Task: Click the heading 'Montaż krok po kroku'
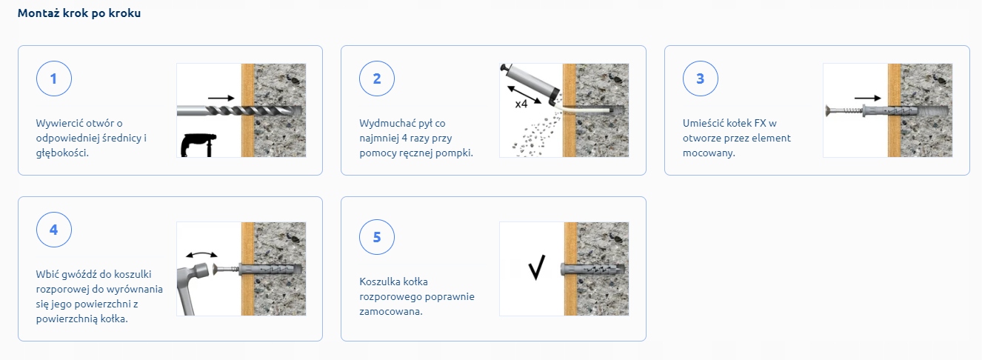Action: [x=79, y=13]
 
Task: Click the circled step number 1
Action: [x=54, y=79]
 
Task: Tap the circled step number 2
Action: [x=376, y=79]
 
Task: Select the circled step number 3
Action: [x=700, y=79]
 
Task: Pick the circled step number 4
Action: [x=54, y=230]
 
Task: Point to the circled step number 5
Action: [x=376, y=237]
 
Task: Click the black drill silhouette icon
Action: [x=198, y=144]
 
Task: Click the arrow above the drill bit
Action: [x=221, y=99]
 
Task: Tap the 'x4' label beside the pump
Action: [x=521, y=104]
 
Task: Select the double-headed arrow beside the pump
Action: [x=524, y=94]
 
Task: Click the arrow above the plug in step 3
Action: [x=867, y=99]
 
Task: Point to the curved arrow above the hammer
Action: [x=201, y=254]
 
